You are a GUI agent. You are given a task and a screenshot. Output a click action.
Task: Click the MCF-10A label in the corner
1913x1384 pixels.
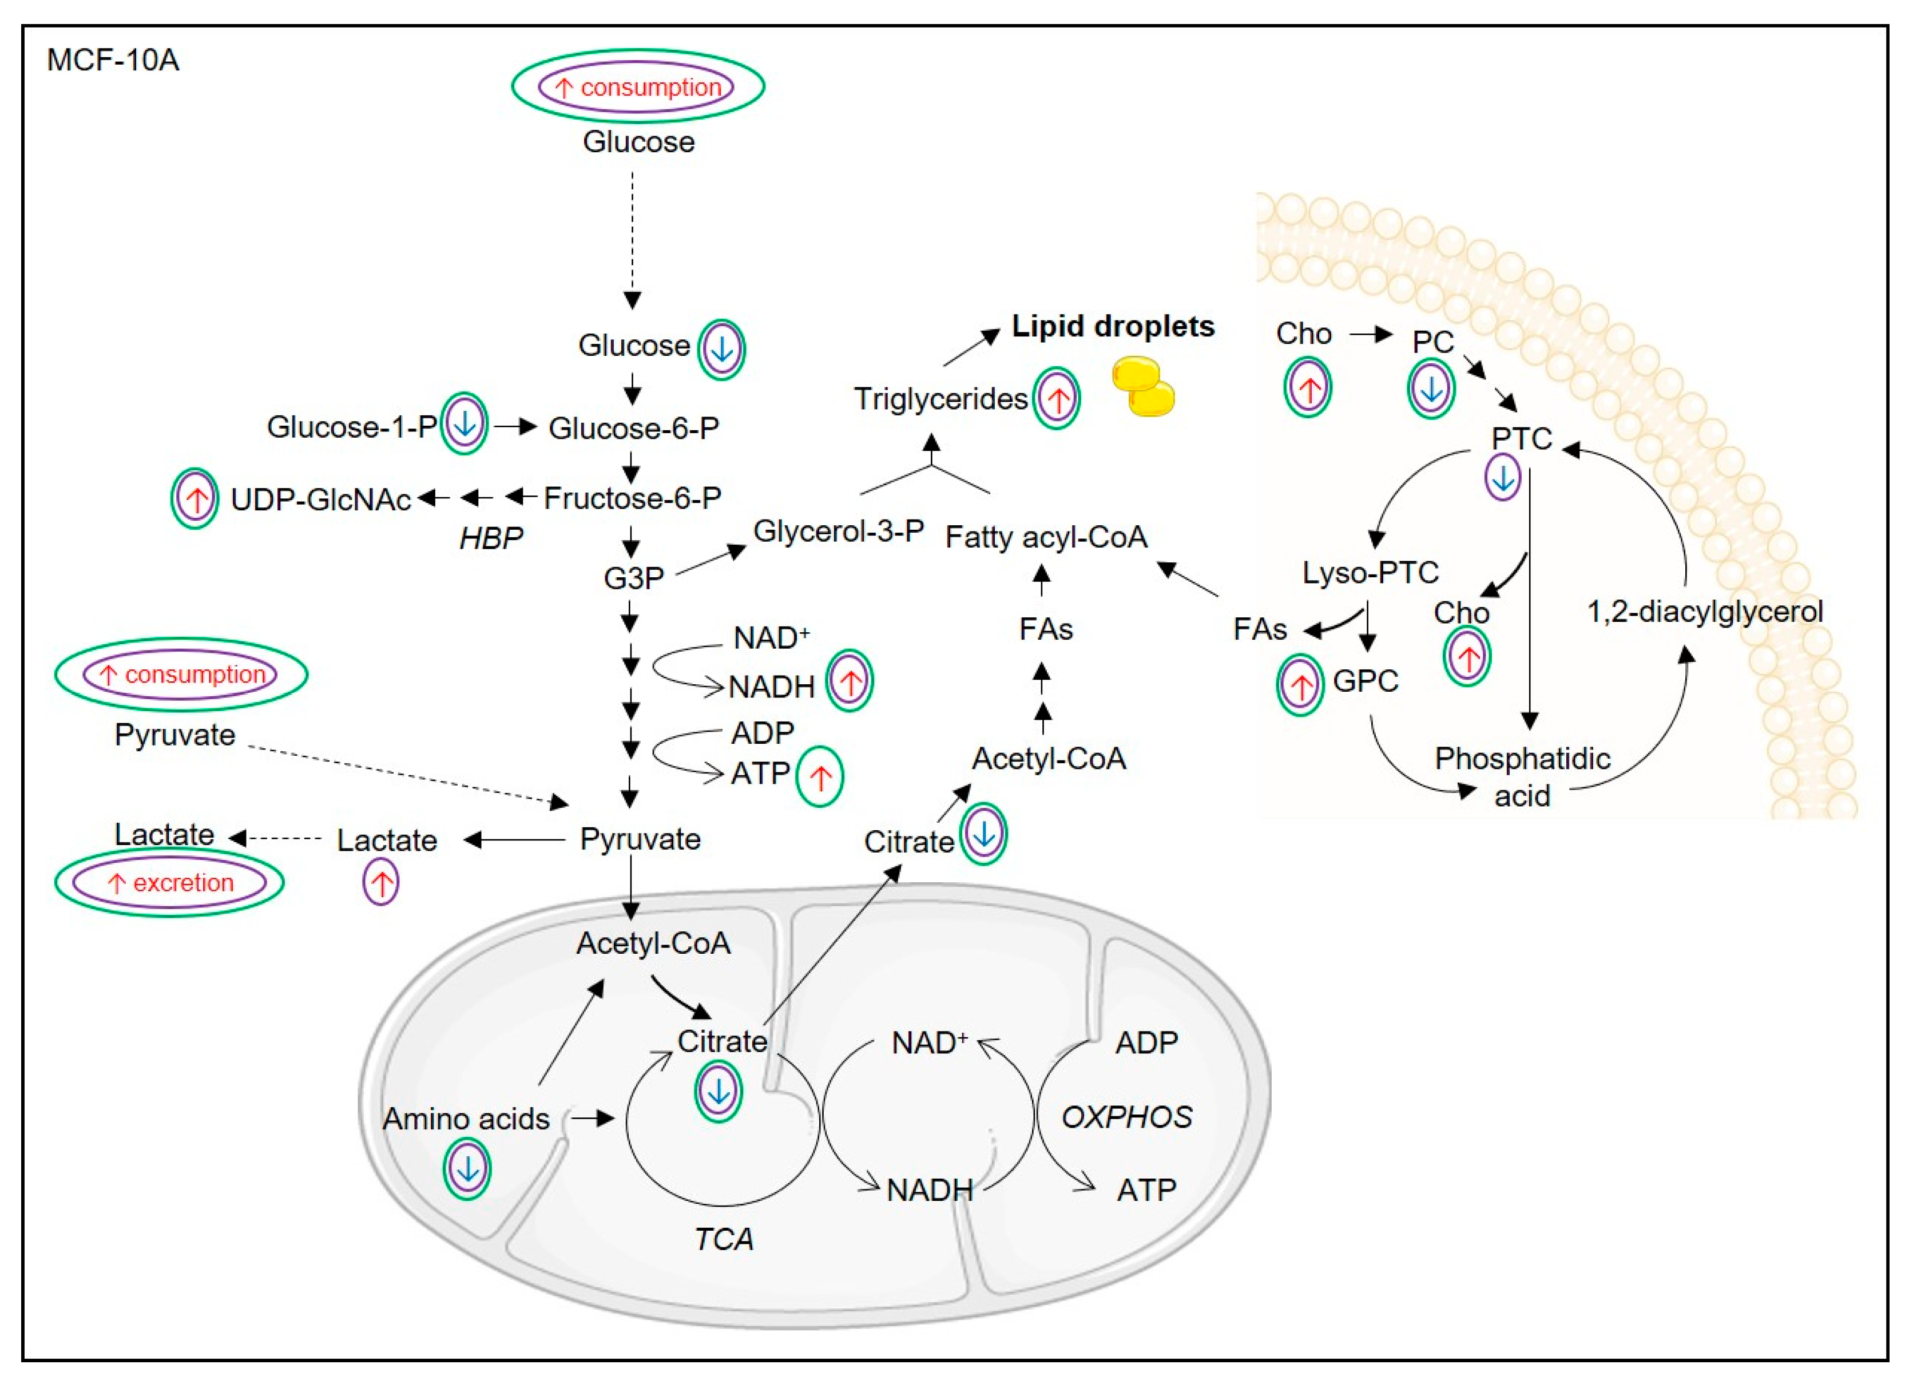coord(113,61)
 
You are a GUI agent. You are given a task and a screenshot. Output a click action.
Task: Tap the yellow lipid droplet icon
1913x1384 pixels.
coord(1143,386)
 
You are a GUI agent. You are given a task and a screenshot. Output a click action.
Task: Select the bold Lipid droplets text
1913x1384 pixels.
coord(1113,326)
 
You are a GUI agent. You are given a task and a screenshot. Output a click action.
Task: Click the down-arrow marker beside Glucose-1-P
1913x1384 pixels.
coord(464,424)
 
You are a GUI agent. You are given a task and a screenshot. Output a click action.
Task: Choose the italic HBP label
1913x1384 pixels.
coord(491,538)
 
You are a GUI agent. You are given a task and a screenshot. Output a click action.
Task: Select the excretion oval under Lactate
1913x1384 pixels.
coord(169,883)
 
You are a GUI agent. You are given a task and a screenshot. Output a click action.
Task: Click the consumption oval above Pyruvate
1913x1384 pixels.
coord(181,675)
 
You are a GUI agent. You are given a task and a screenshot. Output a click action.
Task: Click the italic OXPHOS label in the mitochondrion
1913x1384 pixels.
coord(1126,1117)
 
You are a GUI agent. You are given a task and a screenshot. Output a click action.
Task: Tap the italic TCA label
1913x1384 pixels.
coord(724,1239)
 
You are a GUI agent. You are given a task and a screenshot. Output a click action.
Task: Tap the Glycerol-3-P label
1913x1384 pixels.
coord(839,532)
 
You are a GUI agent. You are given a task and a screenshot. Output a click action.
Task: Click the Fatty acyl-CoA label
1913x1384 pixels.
coord(1046,537)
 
